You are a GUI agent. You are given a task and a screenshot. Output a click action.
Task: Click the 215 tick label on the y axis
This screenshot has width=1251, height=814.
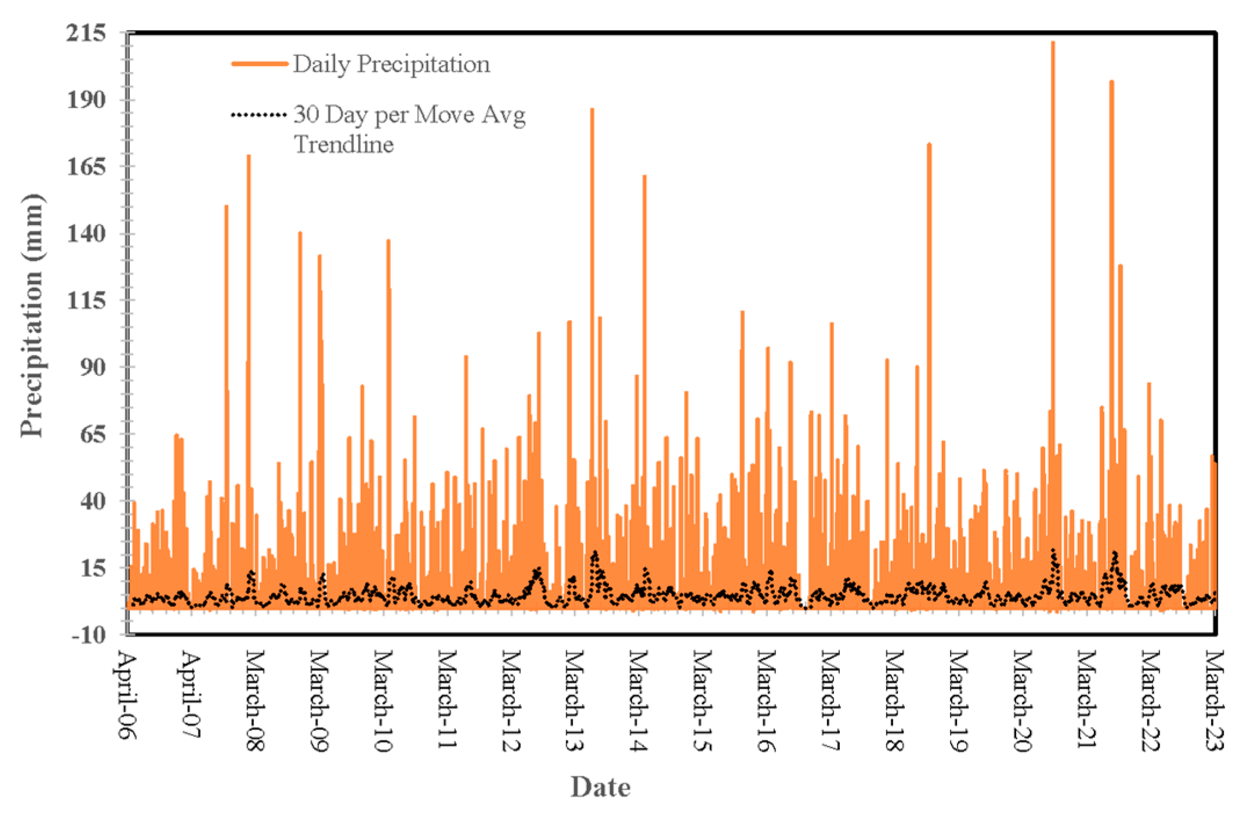pos(86,33)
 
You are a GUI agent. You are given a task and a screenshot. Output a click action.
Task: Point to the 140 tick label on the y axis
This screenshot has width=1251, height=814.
pos(86,234)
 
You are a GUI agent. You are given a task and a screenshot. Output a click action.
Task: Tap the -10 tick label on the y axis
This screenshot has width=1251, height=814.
pos(89,634)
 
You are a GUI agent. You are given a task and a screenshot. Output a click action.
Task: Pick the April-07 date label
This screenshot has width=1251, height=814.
pos(191,696)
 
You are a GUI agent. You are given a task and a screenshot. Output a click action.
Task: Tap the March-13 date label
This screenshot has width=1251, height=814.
pos(574,702)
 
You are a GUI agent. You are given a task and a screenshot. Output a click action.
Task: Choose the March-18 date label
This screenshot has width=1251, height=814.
pos(894,702)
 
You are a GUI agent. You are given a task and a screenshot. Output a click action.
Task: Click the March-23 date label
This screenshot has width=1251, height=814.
pos(1214,702)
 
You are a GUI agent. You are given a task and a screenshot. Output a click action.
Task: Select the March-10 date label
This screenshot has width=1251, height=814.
pos(382,702)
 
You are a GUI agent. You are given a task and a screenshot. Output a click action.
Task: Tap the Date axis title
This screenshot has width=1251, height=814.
pos(600,787)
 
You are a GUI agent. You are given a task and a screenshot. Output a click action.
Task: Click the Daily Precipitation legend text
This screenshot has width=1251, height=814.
pos(391,64)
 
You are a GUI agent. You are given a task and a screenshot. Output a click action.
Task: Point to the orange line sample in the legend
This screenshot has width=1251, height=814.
pos(259,64)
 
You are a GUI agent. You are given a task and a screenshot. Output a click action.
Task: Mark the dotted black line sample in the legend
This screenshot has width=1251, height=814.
pos(259,115)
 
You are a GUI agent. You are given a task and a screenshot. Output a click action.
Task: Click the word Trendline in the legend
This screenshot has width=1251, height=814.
pos(344,144)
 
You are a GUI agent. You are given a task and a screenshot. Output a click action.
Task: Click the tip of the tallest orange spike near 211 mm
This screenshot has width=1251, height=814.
pos(1053,42)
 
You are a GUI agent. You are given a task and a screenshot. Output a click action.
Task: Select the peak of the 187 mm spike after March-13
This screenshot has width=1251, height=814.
pos(592,109)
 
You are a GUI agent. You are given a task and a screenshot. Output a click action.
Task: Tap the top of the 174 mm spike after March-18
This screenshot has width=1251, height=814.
pos(929,144)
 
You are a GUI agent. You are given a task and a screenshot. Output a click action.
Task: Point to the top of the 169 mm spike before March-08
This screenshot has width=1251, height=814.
pos(249,155)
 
